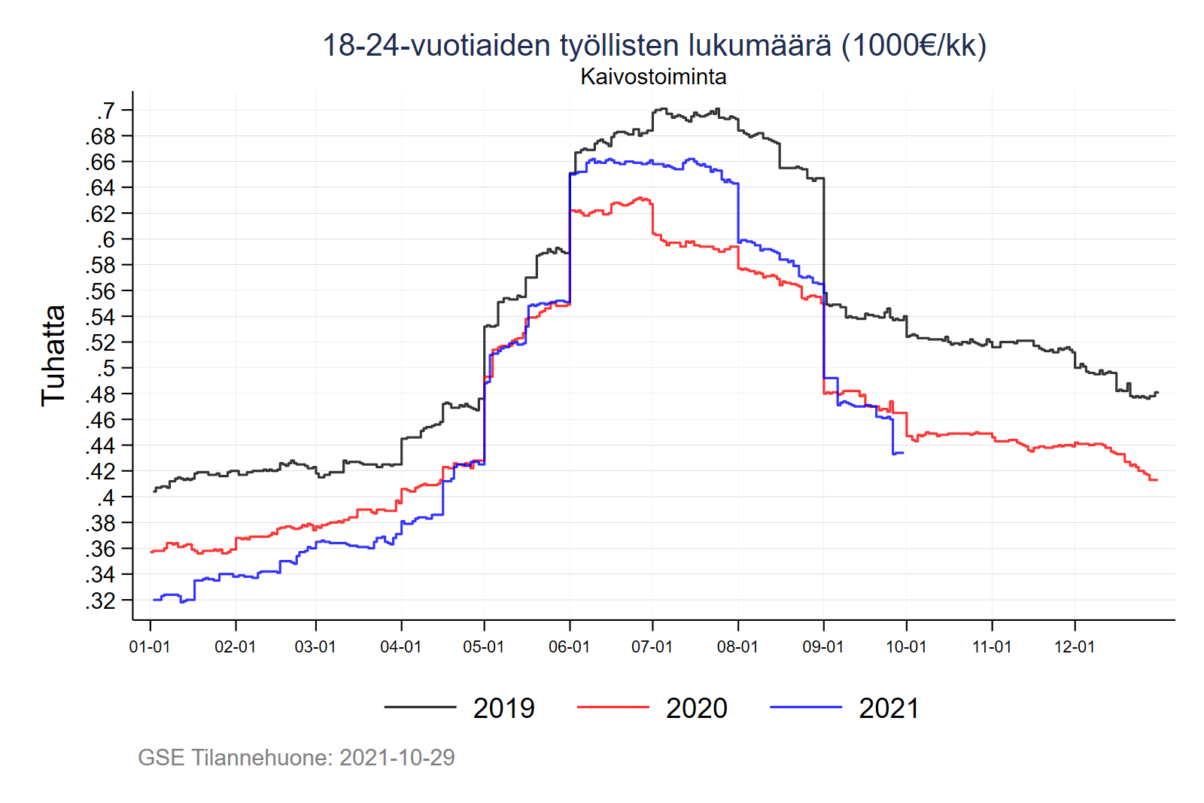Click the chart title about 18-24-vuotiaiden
click(653, 45)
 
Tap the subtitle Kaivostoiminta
click(653, 77)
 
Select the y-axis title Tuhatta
click(53, 355)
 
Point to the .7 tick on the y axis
click(106, 111)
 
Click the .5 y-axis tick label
click(106, 368)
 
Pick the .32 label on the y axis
click(101, 601)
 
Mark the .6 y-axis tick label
click(106, 239)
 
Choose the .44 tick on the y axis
click(101, 446)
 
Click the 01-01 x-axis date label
click(150, 646)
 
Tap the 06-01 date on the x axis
click(569, 646)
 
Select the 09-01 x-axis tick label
click(823, 646)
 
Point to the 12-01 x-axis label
click(1075, 646)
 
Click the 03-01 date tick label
click(315, 646)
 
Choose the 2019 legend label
click(503, 708)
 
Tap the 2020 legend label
click(696, 708)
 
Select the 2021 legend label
click(889, 708)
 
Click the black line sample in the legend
click(420, 707)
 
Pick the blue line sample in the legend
click(806, 707)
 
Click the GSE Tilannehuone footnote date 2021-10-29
click(397, 757)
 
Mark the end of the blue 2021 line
click(903, 452)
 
